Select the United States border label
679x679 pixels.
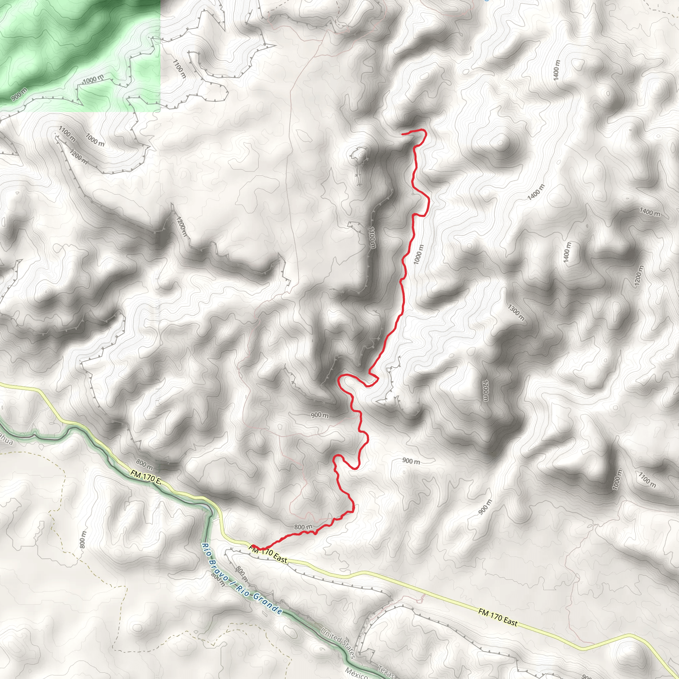coord(338,640)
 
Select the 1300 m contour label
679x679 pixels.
coord(516,312)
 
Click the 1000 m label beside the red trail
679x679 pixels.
coord(419,254)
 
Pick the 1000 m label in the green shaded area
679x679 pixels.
coord(93,80)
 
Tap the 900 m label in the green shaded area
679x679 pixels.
coord(19,95)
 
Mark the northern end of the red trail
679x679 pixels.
coord(402,134)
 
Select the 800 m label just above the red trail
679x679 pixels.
coord(303,527)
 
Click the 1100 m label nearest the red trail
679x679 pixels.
coord(372,237)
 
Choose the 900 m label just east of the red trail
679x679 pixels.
coord(411,461)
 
